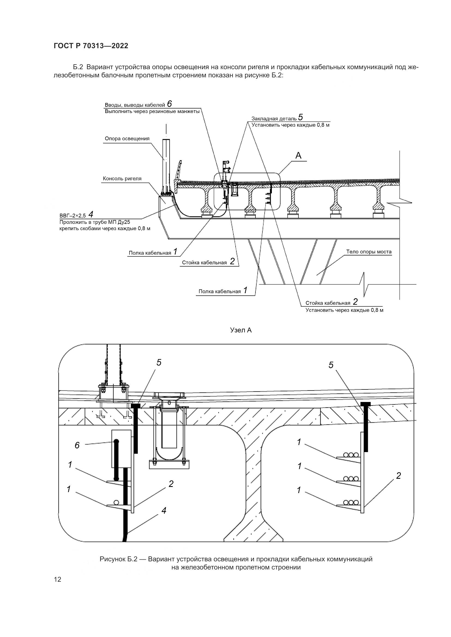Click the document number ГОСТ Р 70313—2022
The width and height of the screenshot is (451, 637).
point(91,46)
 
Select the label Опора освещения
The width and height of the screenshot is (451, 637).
point(127,138)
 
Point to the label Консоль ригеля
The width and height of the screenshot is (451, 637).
point(122,179)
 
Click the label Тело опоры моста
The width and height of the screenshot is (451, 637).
point(369,252)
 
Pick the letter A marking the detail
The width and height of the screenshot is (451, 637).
point(298,156)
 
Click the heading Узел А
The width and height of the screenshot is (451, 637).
point(241,330)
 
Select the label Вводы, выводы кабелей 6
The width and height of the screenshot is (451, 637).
point(138,104)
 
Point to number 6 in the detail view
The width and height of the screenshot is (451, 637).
point(77,445)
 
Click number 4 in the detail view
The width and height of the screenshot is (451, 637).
point(164,510)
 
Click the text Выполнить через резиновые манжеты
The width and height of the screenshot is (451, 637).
point(152,112)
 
